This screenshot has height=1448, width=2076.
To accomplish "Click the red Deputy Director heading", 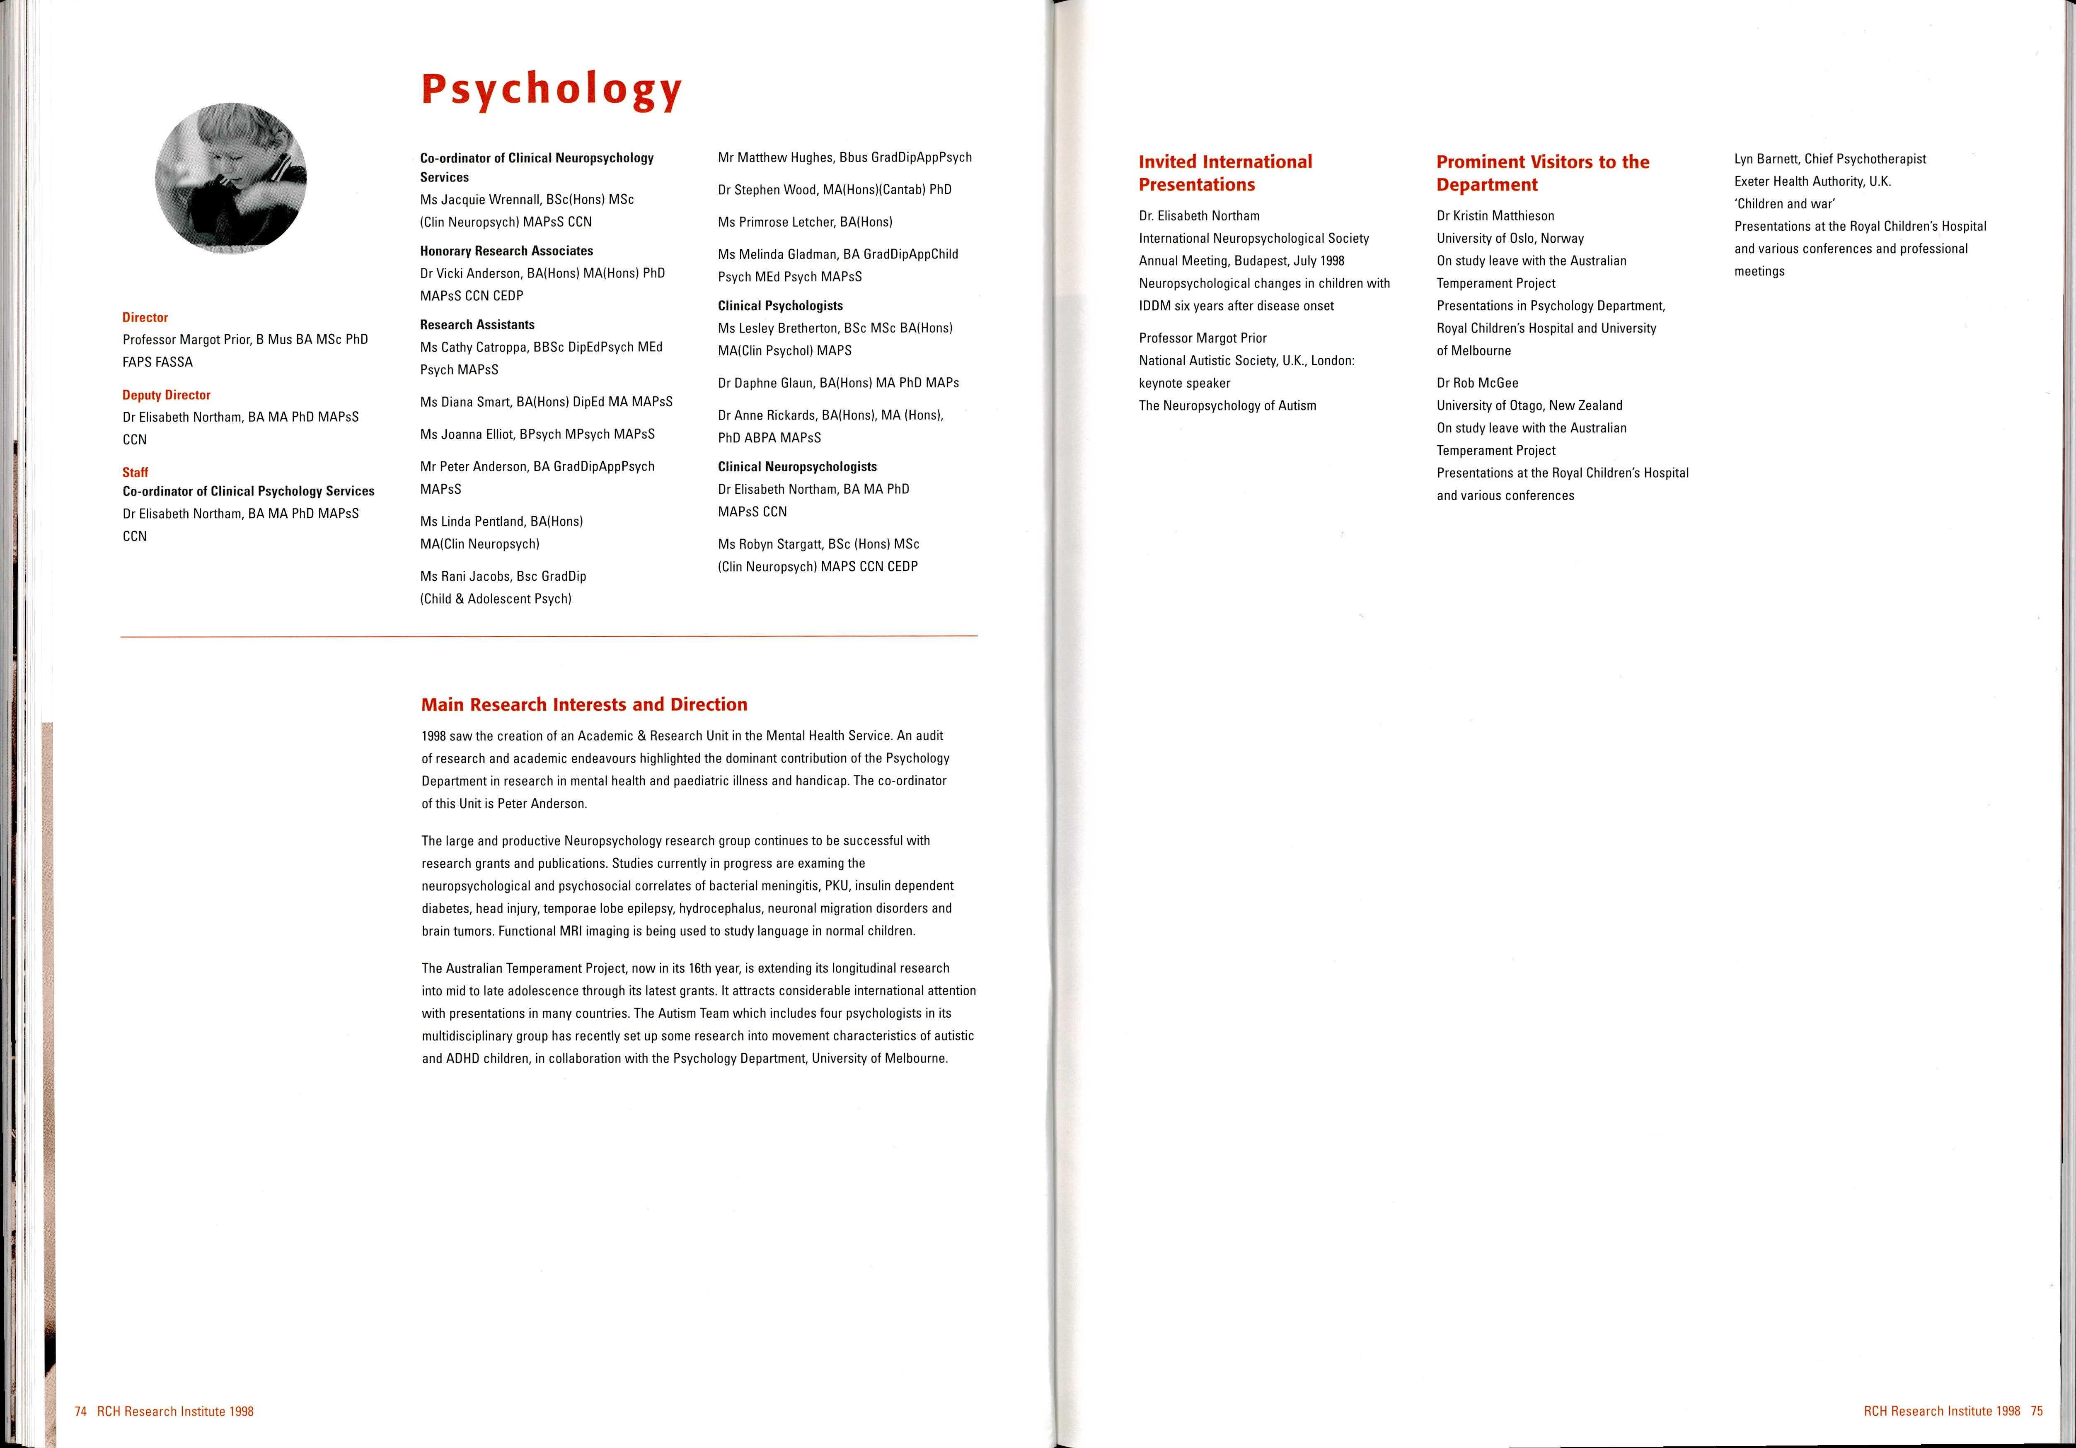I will (x=166, y=395).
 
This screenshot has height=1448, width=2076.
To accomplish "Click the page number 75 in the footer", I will (x=2036, y=1411).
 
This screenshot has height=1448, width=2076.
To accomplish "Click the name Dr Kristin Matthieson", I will (x=1495, y=216).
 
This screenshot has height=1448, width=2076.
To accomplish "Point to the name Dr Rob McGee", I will (x=1477, y=383).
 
